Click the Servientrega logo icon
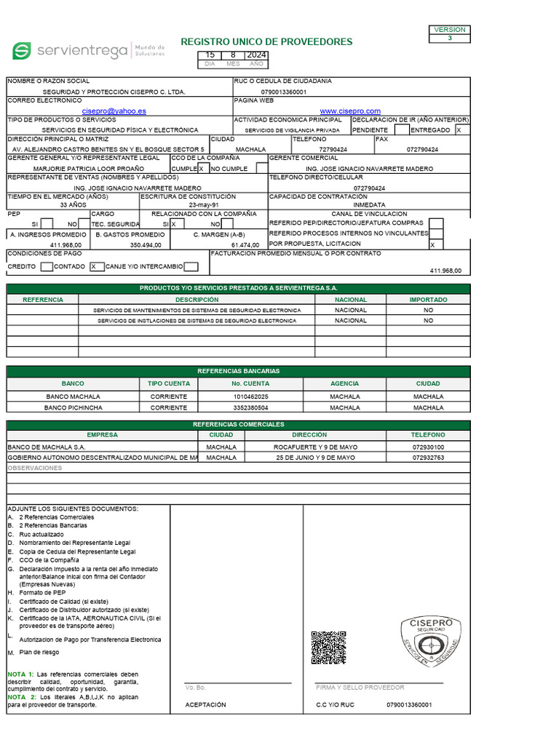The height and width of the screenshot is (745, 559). [x=22, y=51]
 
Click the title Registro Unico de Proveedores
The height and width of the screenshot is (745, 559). [x=266, y=41]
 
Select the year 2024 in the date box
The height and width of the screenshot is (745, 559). [x=256, y=55]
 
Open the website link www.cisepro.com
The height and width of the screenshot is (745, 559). [x=350, y=111]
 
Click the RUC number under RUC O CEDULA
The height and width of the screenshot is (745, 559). [x=284, y=92]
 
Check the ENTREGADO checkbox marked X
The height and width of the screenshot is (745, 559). [x=459, y=130]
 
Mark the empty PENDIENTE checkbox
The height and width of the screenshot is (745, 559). [x=401, y=130]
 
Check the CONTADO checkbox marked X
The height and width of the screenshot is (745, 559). [x=96, y=267]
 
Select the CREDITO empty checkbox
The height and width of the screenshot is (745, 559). [x=47, y=267]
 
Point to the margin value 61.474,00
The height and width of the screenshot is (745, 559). [x=245, y=246]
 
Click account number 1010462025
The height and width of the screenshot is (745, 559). [x=250, y=397]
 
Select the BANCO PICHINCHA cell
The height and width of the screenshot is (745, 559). [x=73, y=408]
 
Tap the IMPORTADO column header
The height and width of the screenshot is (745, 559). [x=428, y=300]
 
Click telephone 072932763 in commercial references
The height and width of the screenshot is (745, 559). [x=428, y=458]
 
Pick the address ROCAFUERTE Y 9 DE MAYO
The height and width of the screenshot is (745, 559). [x=315, y=447]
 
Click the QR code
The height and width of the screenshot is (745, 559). [x=328, y=648]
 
